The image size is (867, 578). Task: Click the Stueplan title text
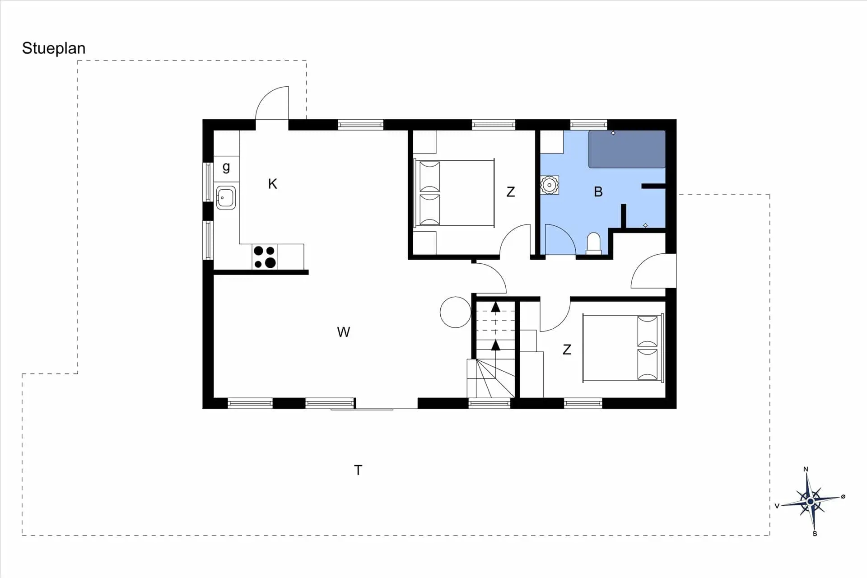(x=54, y=48)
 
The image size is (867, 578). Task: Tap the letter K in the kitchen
(x=272, y=184)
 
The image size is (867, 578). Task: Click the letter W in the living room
(x=343, y=332)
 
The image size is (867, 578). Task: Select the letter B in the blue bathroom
(x=598, y=192)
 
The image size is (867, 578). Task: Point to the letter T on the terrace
(x=358, y=470)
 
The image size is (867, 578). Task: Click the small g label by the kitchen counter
(x=226, y=168)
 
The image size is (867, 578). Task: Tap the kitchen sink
(x=226, y=198)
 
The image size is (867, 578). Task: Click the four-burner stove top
(x=265, y=256)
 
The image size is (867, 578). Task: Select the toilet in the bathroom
(x=593, y=243)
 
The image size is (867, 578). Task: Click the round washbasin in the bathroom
(x=550, y=185)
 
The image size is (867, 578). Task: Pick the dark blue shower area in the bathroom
(x=627, y=149)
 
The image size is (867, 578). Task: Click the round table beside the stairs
(x=456, y=312)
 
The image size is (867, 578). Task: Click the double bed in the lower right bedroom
(x=623, y=348)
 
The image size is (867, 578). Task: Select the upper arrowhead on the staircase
(x=496, y=307)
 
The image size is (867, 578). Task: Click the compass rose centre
(x=811, y=501)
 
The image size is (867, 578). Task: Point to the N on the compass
(x=806, y=469)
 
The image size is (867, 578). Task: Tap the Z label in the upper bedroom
(x=511, y=192)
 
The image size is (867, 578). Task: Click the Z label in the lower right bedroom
(x=567, y=350)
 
